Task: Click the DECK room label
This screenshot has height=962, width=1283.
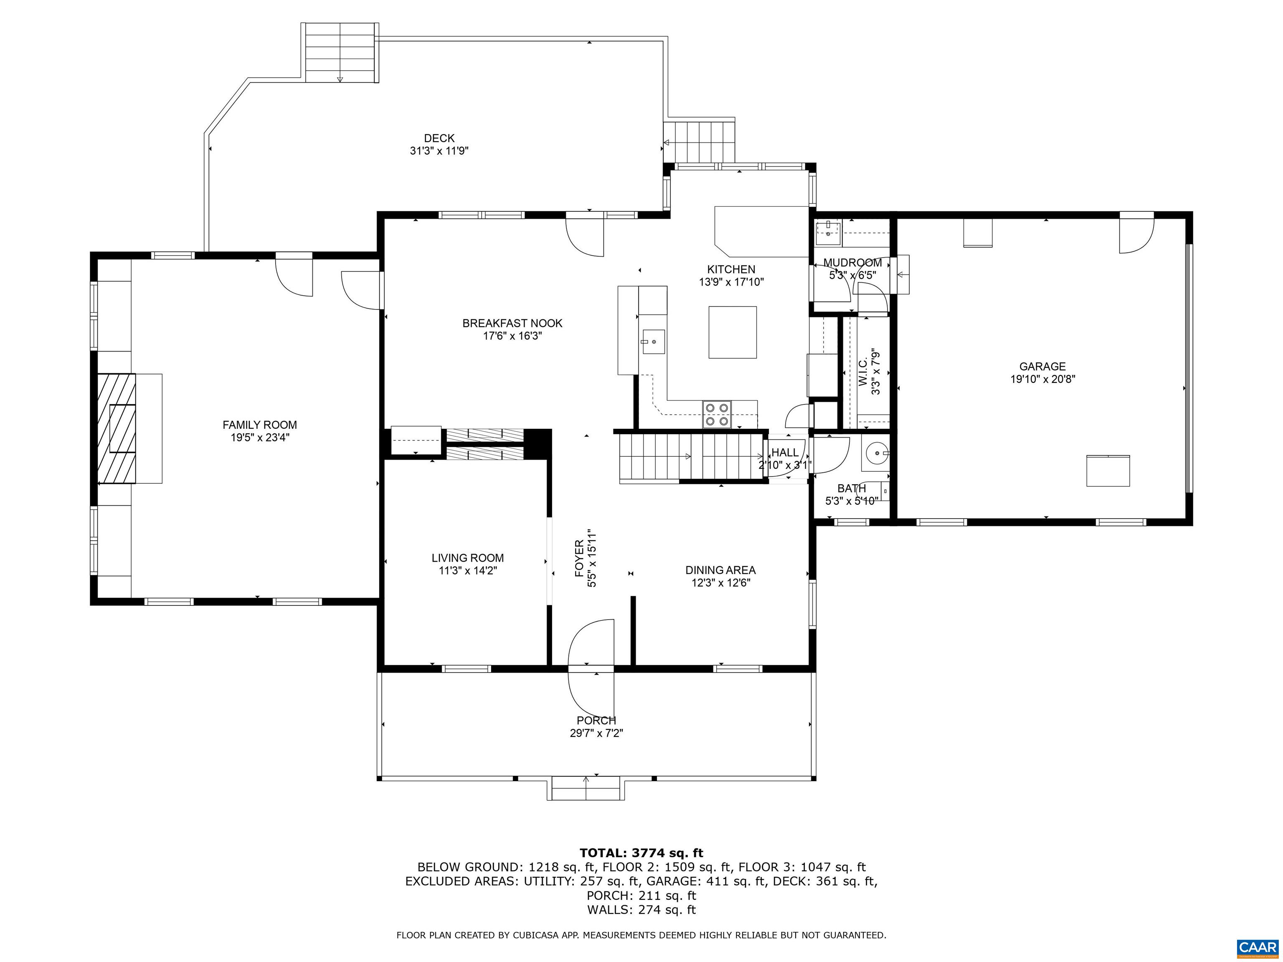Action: pyautogui.click(x=439, y=138)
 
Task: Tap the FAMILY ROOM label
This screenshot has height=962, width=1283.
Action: pyautogui.click(x=260, y=425)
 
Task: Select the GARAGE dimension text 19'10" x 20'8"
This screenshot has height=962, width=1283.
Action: pyautogui.click(x=1043, y=379)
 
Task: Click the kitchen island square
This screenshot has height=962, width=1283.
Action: pyautogui.click(x=733, y=332)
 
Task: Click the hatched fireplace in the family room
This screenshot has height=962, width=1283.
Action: pyautogui.click(x=116, y=428)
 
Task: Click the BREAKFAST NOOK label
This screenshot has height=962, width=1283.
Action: pyautogui.click(x=512, y=323)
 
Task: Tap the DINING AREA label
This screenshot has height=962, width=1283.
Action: pyautogui.click(x=720, y=570)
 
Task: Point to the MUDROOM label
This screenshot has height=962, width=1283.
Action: pyautogui.click(x=853, y=263)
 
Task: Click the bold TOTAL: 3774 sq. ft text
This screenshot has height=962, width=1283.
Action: pyautogui.click(x=641, y=853)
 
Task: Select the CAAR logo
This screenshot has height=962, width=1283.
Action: pyautogui.click(x=1258, y=947)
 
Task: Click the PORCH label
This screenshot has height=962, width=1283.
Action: pyautogui.click(x=596, y=721)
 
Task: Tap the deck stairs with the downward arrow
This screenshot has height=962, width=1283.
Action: pyautogui.click(x=340, y=53)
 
